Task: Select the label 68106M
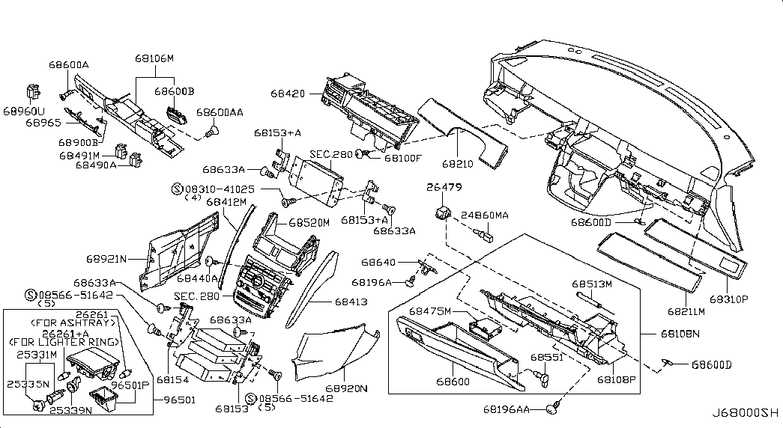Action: click(154, 58)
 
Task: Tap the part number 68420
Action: click(288, 94)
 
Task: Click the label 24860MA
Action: click(484, 215)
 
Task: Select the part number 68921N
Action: click(106, 259)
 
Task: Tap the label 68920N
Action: click(346, 389)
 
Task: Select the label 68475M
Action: click(429, 311)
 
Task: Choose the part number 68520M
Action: click(309, 223)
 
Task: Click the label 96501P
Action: click(131, 386)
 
